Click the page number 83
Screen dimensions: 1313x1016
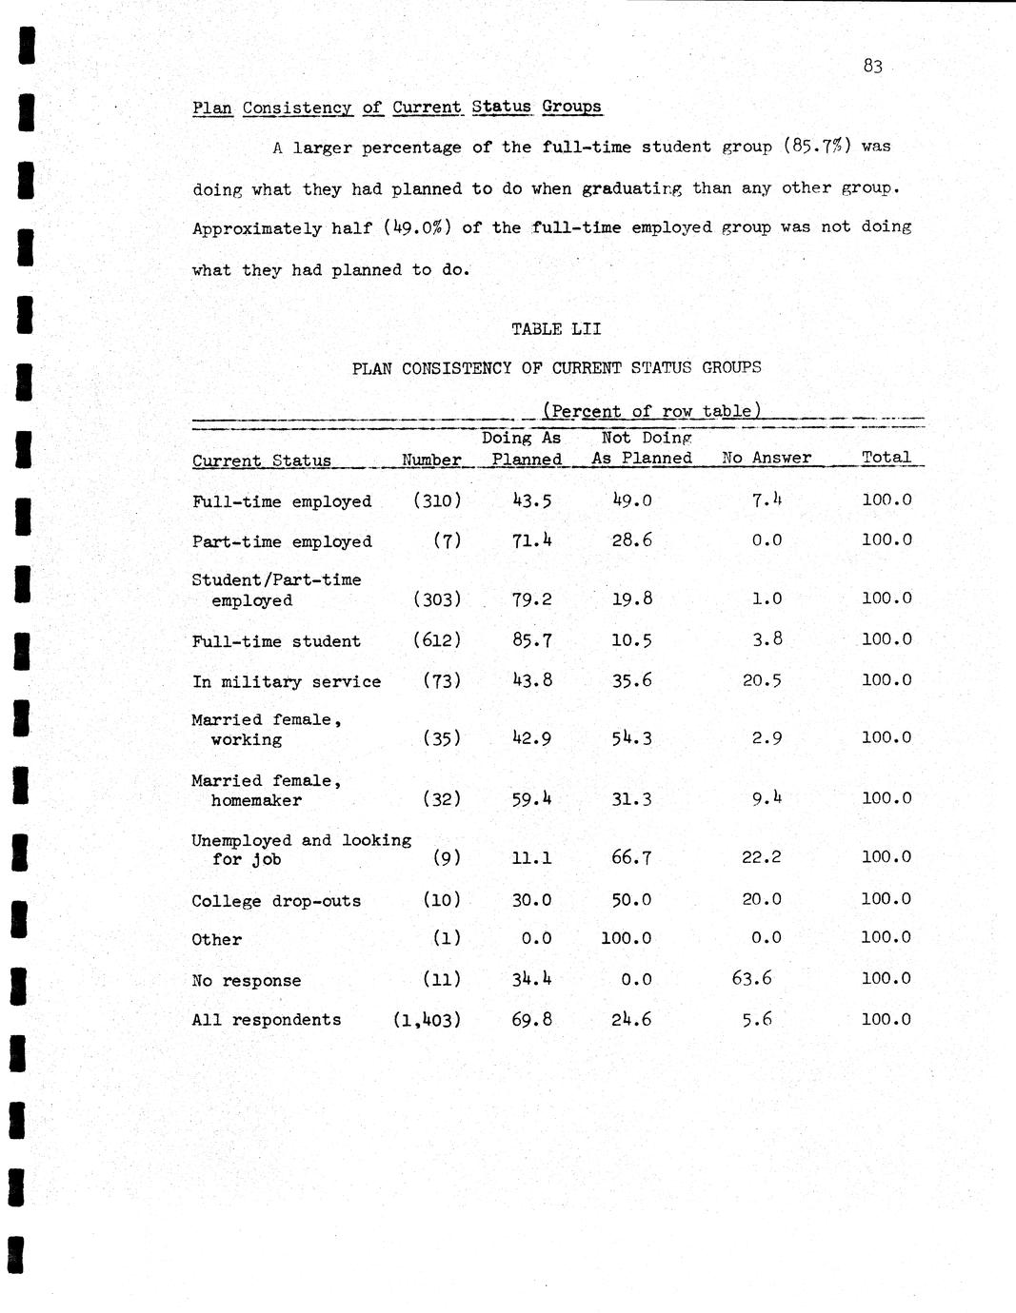pyautogui.click(x=873, y=66)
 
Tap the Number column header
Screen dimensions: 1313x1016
pyautogui.click(x=431, y=460)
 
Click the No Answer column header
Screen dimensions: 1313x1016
pyautogui.click(x=767, y=458)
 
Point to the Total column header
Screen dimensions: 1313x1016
pyautogui.click(x=887, y=457)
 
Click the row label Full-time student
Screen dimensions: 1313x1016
pyautogui.click(x=276, y=641)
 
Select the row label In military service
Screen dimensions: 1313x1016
pyautogui.click(x=286, y=681)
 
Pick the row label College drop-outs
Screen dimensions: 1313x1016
pyautogui.click(x=276, y=901)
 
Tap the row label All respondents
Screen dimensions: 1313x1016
pyautogui.click(x=266, y=1020)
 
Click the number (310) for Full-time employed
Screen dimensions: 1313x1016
pyautogui.click(x=437, y=500)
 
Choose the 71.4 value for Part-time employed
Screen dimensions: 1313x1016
pyautogui.click(x=532, y=540)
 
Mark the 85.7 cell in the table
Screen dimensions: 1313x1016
pyautogui.click(x=532, y=640)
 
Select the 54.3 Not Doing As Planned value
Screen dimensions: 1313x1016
pyautogui.click(x=631, y=738)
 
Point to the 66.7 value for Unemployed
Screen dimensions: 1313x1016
pyautogui.click(x=631, y=857)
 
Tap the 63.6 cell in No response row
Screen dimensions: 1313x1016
pyautogui.click(x=751, y=978)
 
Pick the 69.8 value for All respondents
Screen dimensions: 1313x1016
pyautogui.click(x=532, y=1020)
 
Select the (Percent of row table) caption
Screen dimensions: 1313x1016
pyautogui.click(x=651, y=411)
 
